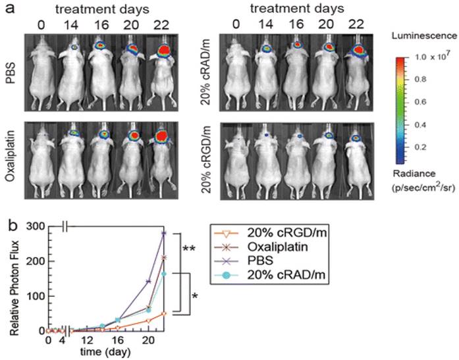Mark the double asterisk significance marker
pos(190,249)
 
